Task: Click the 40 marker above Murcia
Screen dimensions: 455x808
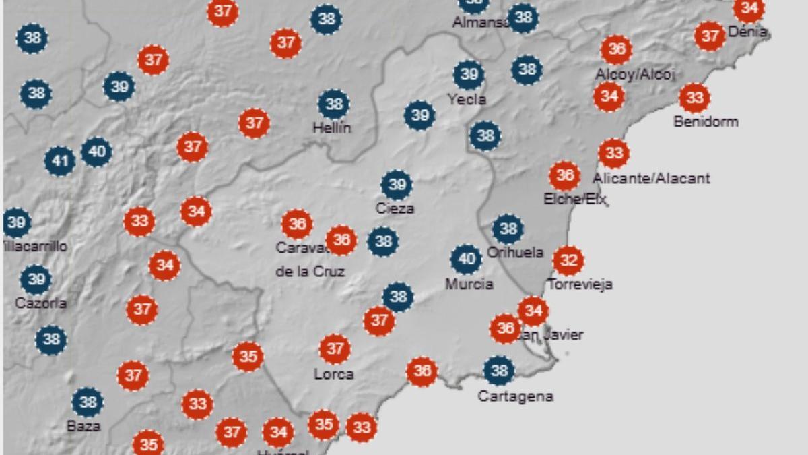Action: coord(466,259)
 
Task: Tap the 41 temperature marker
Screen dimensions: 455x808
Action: coord(60,161)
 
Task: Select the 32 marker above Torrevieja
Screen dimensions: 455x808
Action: coord(568,260)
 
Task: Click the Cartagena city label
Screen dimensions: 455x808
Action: coord(515,396)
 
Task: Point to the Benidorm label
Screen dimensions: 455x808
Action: coord(706,122)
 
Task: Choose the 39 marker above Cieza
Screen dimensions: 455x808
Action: coord(396,185)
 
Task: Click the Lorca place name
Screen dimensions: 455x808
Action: coord(333,374)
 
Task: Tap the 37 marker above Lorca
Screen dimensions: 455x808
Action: coord(335,349)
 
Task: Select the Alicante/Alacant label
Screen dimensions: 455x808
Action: coord(651,179)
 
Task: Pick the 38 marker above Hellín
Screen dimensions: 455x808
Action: coord(333,104)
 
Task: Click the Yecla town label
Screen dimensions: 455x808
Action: coord(467,100)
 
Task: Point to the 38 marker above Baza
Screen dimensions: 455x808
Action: coord(88,402)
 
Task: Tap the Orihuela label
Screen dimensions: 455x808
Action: coord(514,253)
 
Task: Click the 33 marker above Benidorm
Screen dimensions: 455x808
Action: coord(694,98)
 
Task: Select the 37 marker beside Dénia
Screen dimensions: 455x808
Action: coord(710,36)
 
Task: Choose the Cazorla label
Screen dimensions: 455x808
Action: coord(40,303)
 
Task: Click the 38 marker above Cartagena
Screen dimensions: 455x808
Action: coord(499,371)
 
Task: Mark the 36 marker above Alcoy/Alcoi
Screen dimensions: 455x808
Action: coord(616,49)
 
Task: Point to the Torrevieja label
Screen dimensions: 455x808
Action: coord(580,284)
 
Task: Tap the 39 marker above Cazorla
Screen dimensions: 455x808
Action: coord(36,279)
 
